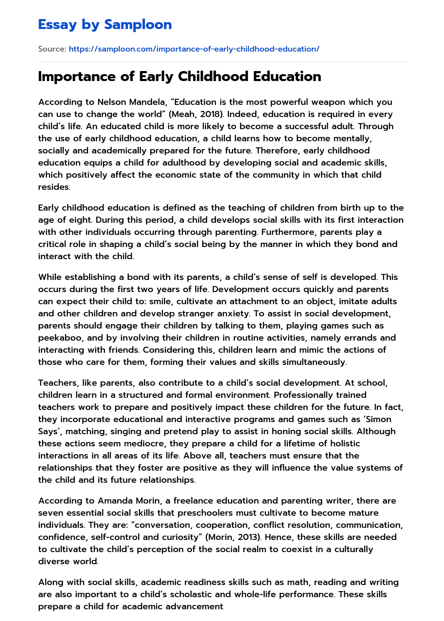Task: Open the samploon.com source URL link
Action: coord(194,49)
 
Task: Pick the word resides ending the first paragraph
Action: coord(54,187)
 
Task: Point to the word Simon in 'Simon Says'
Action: coord(379,419)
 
